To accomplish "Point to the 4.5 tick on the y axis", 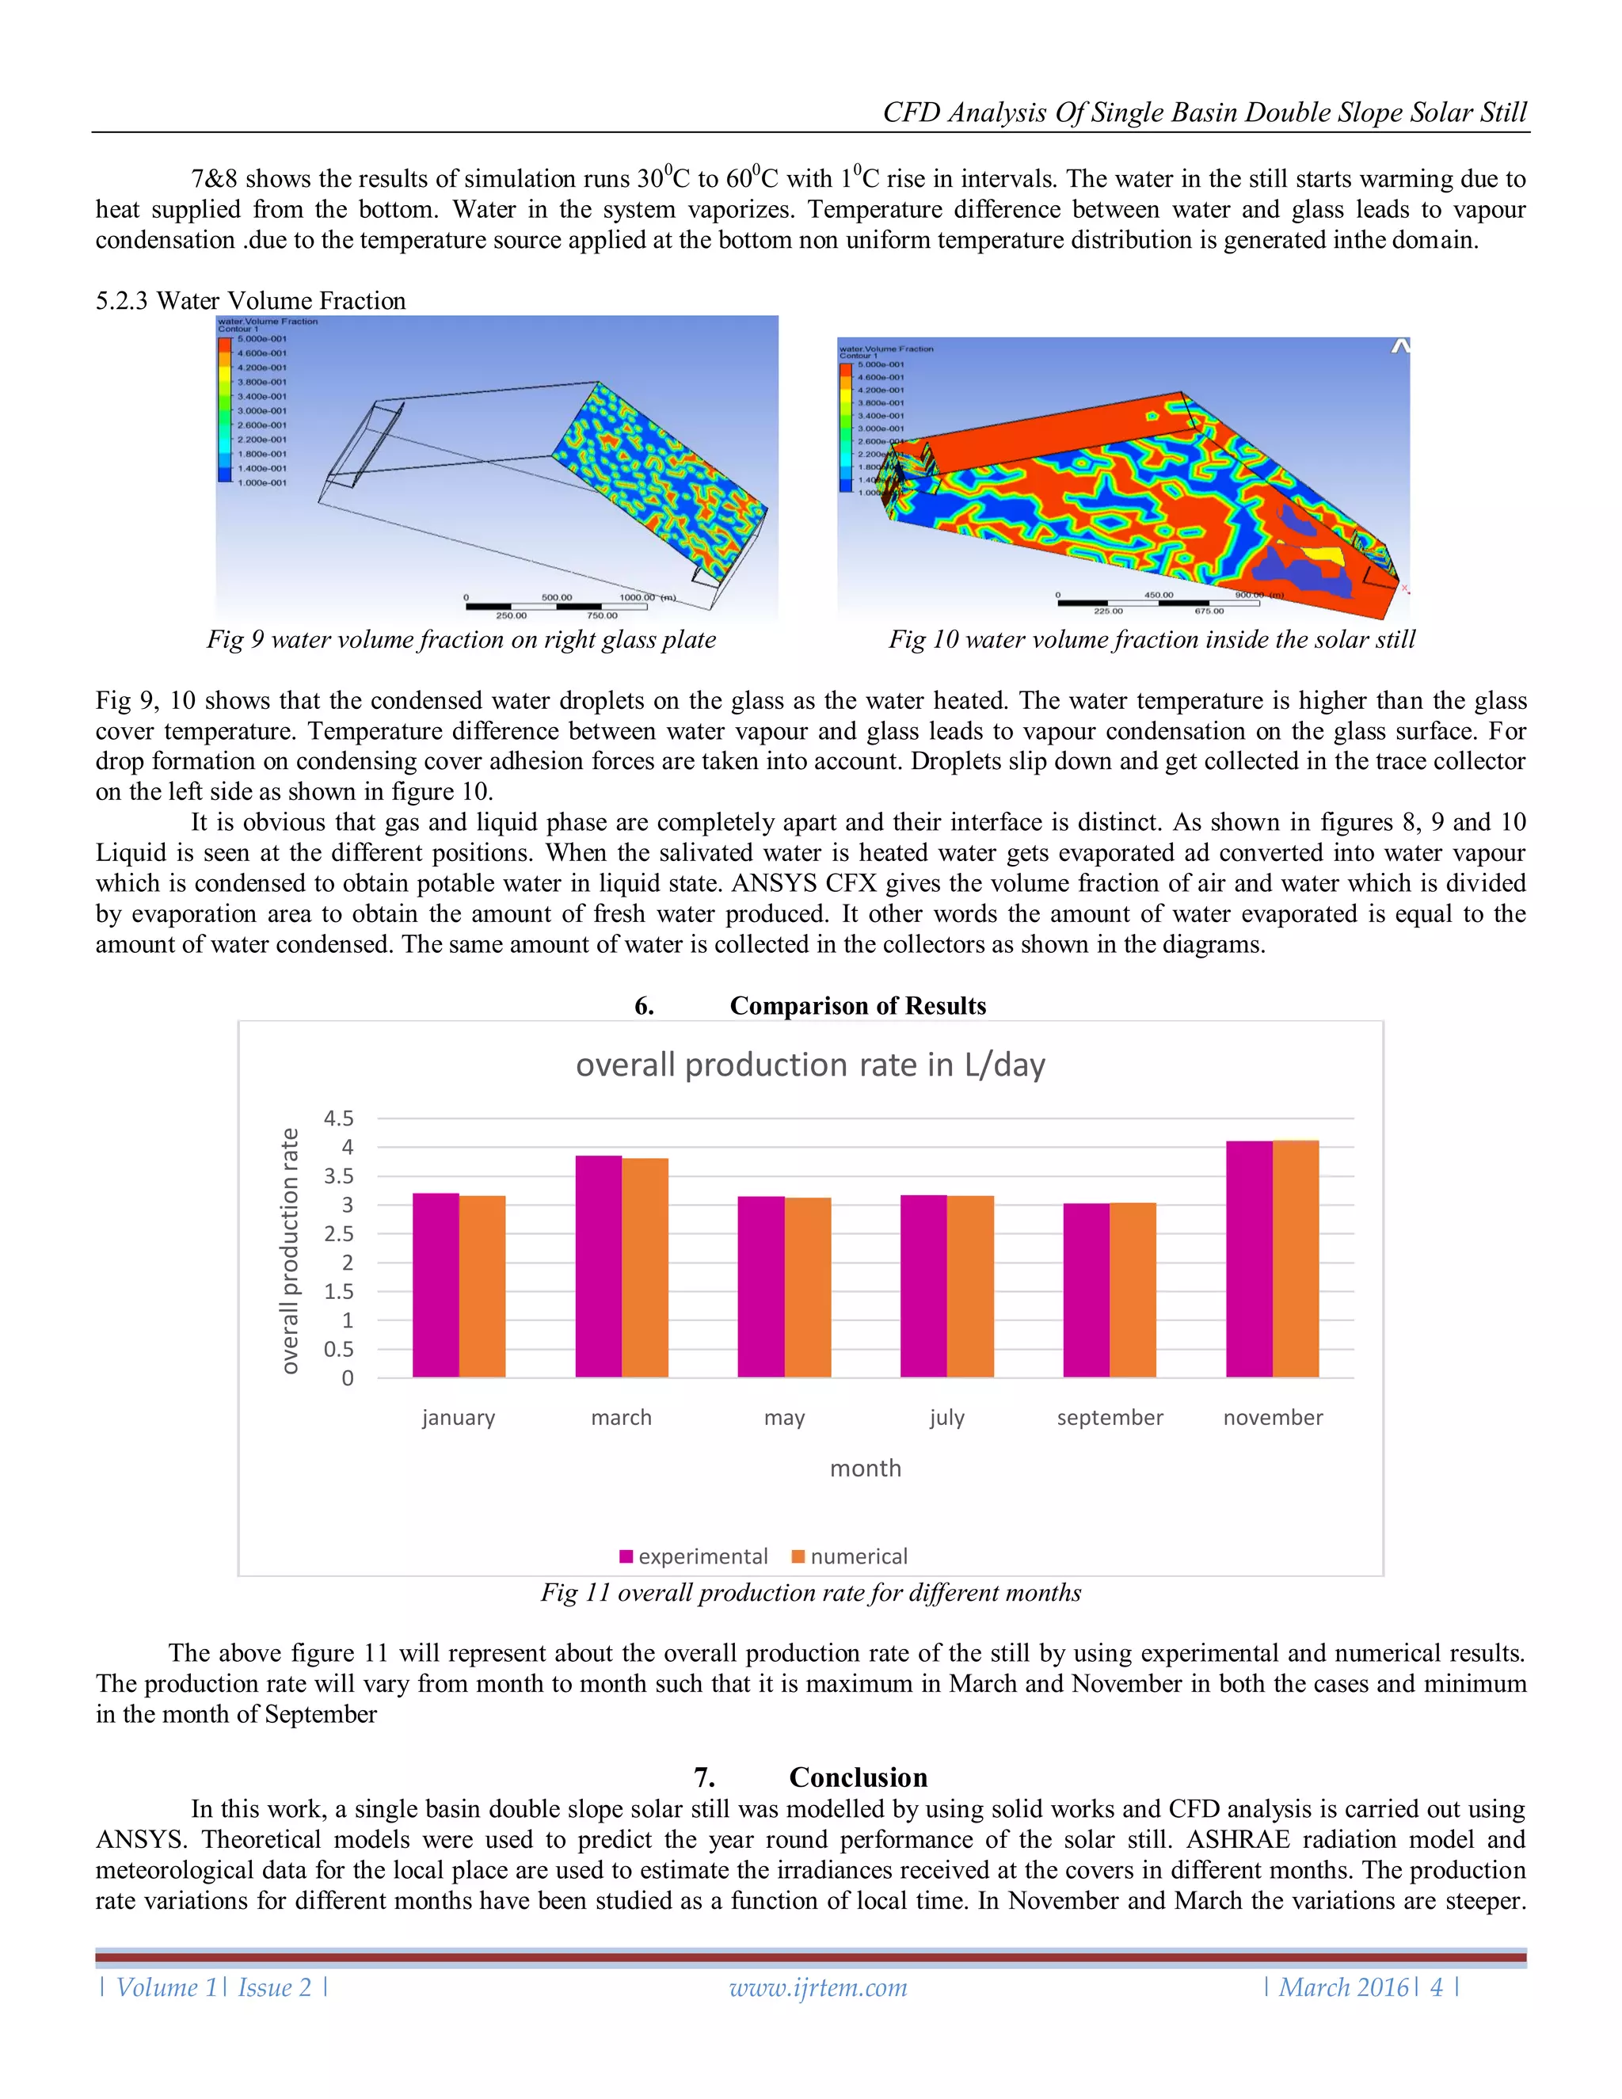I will click(x=338, y=1118).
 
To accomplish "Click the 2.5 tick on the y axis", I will click(x=338, y=1233).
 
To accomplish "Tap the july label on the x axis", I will click(x=946, y=1418).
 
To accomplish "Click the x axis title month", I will click(x=865, y=1468).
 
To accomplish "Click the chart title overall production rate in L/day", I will click(x=810, y=1065).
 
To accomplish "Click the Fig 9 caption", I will click(x=461, y=639).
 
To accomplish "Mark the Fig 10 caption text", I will click(x=1151, y=639).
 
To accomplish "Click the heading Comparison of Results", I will click(x=857, y=1005).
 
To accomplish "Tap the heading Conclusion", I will click(x=857, y=1777).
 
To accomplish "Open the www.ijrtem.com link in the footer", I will click(x=817, y=1987).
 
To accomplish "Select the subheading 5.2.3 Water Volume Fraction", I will click(x=251, y=301).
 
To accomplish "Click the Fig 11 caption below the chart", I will click(x=810, y=1593).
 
